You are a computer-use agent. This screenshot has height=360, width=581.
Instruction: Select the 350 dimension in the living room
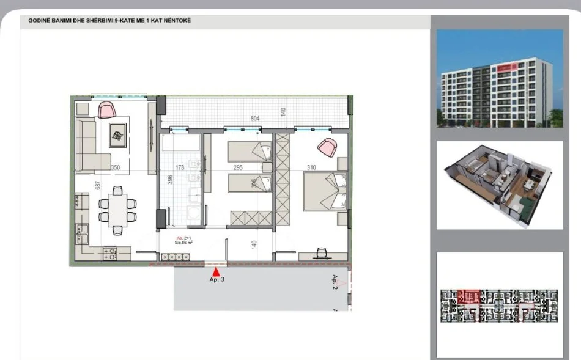click(x=114, y=166)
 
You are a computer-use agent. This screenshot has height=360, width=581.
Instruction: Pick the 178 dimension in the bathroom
click(x=180, y=166)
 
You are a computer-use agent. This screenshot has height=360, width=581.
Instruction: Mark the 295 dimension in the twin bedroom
click(x=238, y=166)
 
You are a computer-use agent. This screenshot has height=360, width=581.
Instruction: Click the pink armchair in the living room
click(x=107, y=110)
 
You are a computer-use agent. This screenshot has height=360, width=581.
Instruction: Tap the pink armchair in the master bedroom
click(x=327, y=147)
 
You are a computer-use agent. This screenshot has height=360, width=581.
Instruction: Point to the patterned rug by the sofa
click(x=117, y=134)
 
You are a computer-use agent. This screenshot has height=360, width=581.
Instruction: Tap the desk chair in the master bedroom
click(x=322, y=252)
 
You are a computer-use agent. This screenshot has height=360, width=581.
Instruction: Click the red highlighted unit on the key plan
click(x=468, y=297)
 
